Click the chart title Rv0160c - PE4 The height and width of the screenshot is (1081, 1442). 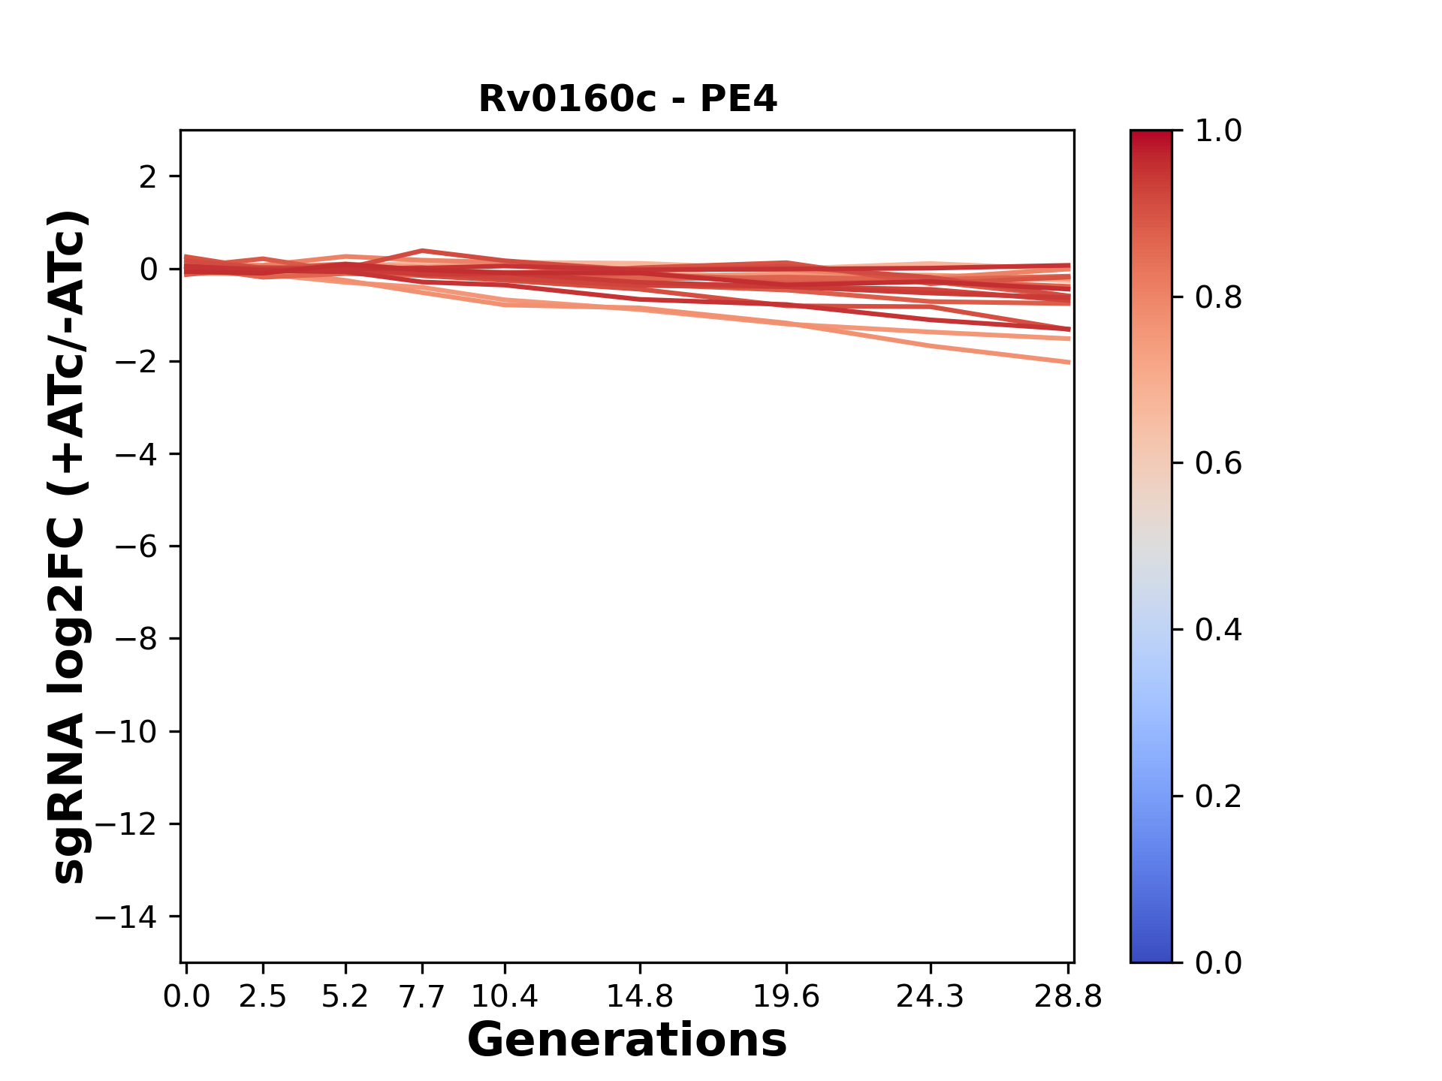[x=627, y=99]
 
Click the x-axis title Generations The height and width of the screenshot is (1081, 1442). [x=627, y=1040]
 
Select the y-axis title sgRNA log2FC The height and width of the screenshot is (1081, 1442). [x=69, y=547]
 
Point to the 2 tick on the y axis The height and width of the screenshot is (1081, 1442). [x=148, y=177]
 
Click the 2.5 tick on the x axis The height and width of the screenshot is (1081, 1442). [x=263, y=997]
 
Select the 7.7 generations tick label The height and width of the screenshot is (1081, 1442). [x=422, y=997]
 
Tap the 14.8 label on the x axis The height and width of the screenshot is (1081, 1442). [x=640, y=997]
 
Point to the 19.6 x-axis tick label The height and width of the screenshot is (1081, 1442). [x=786, y=997]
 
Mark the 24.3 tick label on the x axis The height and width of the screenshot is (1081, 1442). [x=931, y=997]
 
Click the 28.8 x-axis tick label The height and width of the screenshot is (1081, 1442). [x=1068, y=997]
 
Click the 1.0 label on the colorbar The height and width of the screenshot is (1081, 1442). [x=1218, y=131]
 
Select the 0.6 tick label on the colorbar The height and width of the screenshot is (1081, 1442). [x=1218, y=464]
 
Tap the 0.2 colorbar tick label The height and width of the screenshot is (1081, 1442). [x=1218, y=796]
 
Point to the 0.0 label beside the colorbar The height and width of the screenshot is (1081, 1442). [x=1218, y=963]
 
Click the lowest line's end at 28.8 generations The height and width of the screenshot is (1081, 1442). [x=1068, y=363]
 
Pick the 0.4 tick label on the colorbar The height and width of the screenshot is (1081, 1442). [x=1218, y=631]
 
